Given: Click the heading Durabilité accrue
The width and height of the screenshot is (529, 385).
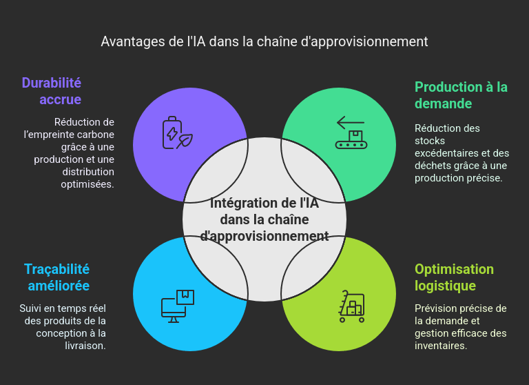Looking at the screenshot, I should pos(52,91).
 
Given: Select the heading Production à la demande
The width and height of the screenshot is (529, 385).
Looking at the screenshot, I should pos(461,95).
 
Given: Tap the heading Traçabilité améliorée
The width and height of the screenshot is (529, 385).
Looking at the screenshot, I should pos(57,277).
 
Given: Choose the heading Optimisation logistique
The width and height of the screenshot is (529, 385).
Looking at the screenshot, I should pos(454,277).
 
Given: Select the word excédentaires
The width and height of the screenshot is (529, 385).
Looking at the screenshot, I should pos(444,153).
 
